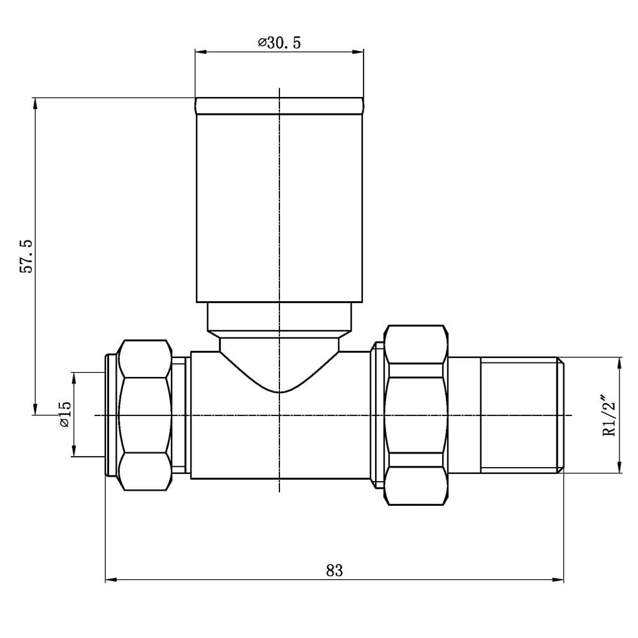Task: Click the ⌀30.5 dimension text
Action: tap(279, 43)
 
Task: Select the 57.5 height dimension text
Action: tap(26, 256)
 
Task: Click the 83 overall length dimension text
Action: tap(334, 570)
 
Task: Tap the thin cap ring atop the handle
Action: tap(279, 106)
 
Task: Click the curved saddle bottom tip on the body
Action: tap(279, 392)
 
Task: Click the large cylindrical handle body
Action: tap(279, 207)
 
